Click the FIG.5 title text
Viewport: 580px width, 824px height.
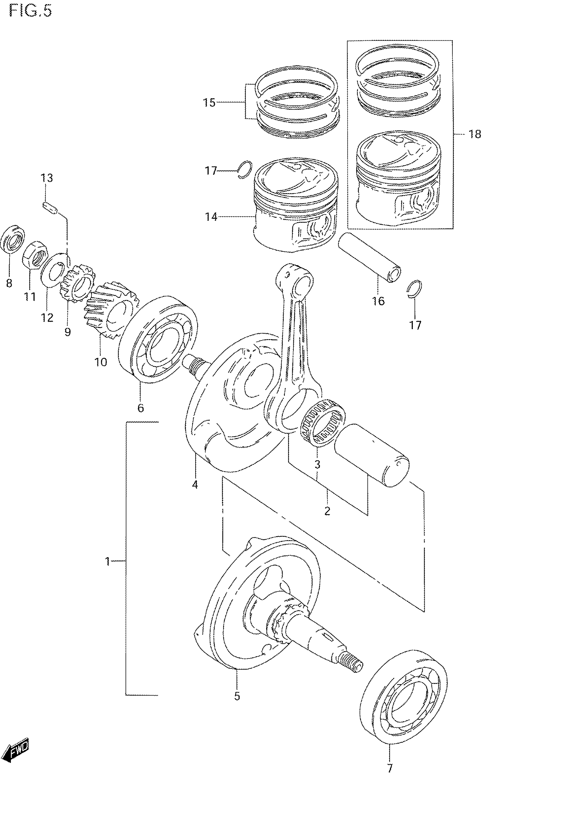point(30,11)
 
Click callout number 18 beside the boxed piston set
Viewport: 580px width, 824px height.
point(475,134)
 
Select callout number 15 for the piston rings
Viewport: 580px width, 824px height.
point(209,103)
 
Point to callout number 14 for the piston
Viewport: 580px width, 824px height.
point(211,217)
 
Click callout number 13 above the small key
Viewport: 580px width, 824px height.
point(47,178)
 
